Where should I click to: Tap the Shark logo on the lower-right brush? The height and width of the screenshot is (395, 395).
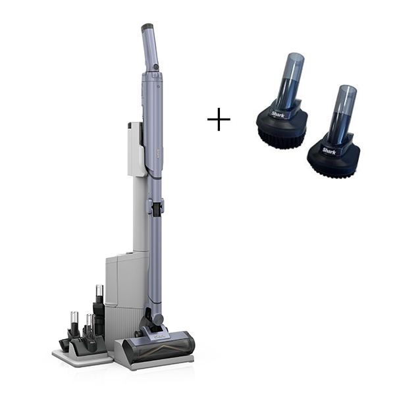tap(329, 151)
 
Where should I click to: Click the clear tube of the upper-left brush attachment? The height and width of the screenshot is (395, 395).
tap(290, 80)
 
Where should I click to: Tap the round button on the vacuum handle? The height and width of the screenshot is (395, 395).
tap(155, 67)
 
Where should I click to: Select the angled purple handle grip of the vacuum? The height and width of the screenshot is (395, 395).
tap(149, 49)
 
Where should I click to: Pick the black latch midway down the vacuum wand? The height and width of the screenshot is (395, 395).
tap(156, 209)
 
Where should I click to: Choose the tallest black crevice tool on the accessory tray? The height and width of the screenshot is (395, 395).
tap(99, 313)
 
